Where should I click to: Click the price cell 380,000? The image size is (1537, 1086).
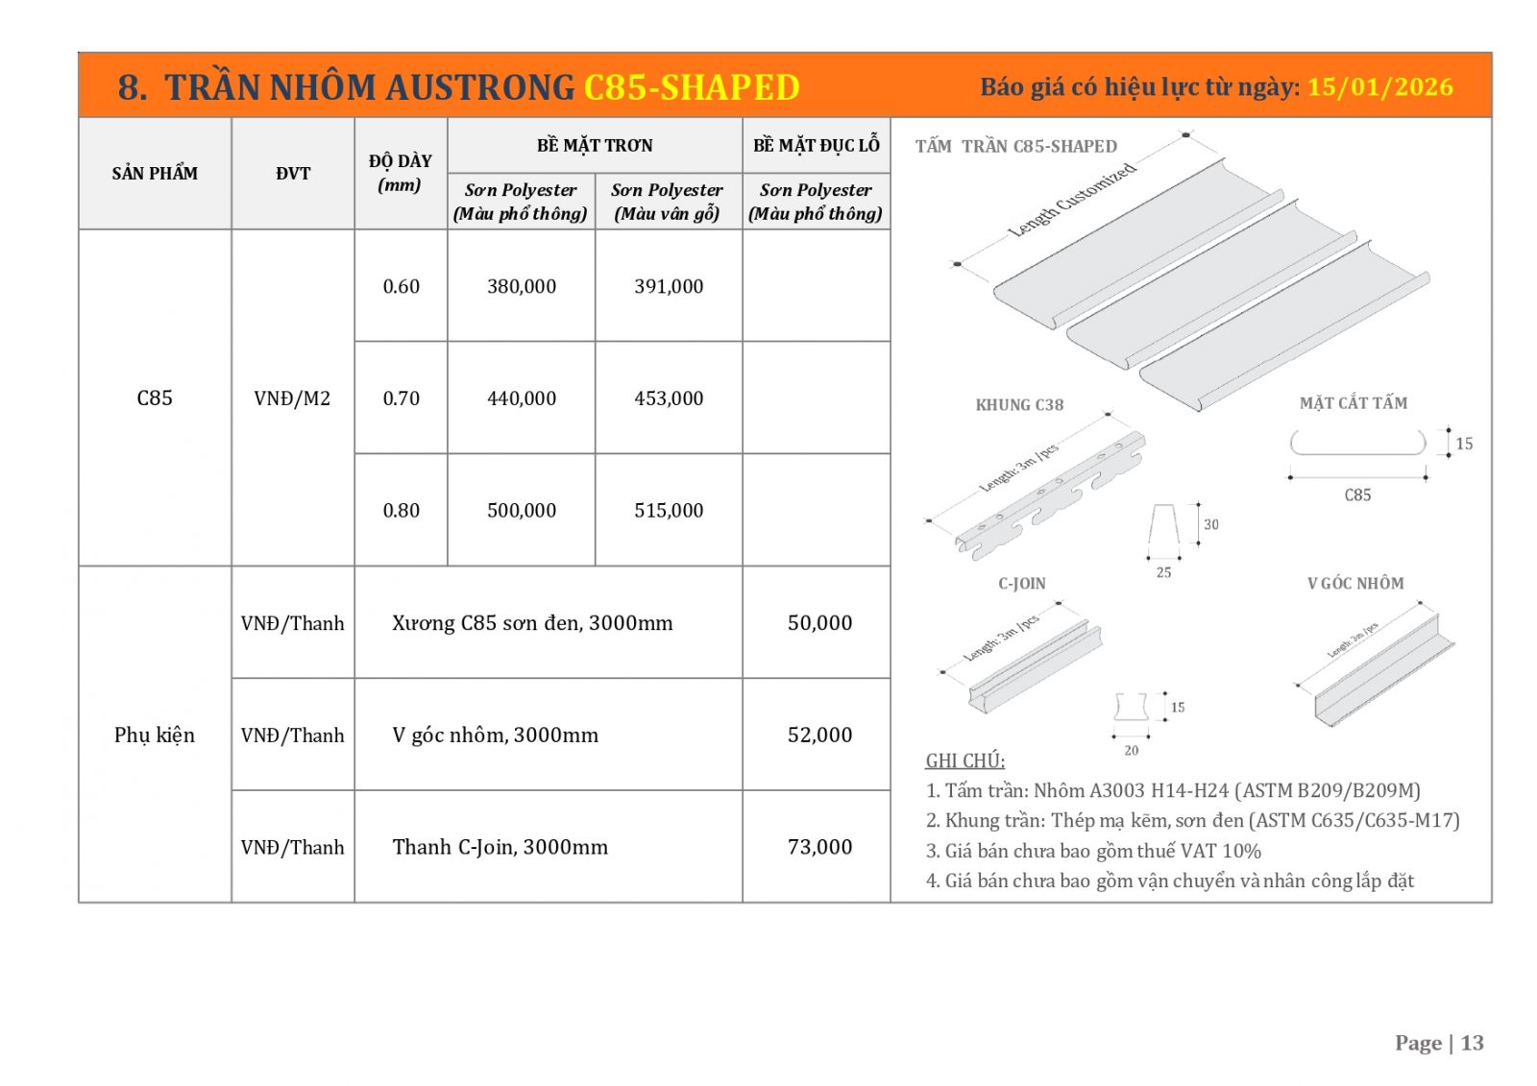[x=522, y=286]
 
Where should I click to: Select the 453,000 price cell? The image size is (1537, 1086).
[x=669, y=398]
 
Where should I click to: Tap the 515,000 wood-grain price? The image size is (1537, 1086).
[x=669, y=511]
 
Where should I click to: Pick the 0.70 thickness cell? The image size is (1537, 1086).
[x=402, y=398]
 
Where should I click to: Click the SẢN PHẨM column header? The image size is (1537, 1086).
[x=155, y=174]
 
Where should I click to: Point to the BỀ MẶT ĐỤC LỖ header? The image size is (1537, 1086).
[x=817, y=145]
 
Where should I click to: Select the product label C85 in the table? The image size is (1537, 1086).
[x=155, y=398]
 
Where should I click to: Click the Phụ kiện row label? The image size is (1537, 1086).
[x=155, y=736]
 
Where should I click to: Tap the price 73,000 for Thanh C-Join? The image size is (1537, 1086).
[x=819, y=847]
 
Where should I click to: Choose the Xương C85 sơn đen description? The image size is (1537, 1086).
[x=532, y=623]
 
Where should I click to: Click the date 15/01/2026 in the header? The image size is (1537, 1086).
[x=1379, y=87]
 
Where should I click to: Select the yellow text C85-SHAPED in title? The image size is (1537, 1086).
[x=692, y=87]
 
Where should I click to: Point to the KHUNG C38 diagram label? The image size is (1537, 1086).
[x=1019, y=405]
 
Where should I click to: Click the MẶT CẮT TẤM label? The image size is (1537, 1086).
[x=1353, y=403]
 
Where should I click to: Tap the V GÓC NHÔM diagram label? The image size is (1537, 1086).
[x=1354, y=584]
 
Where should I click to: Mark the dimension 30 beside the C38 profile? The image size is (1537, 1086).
[x=1211, y=525]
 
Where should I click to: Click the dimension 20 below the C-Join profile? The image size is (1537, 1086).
[x=1132, y=751]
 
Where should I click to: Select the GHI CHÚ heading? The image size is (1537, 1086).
[x=964, y=761]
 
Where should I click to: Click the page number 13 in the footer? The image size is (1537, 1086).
[x=1472, y=1044]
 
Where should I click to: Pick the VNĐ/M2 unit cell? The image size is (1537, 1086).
[x=292, y=398]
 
